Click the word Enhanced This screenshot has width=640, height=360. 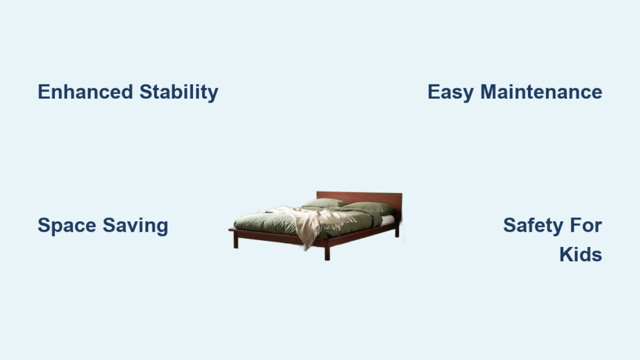click(85, 92)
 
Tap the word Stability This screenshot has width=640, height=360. click(179, 92)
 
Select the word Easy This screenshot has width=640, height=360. click(451, 92)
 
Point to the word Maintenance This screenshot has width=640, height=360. click(541, 92)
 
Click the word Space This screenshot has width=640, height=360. click(66, 226)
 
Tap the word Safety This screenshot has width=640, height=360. click(527, 226)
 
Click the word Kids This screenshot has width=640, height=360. click(581, 255)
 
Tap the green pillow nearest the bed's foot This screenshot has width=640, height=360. click(325, 203)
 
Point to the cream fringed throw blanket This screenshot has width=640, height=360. click(314, 222)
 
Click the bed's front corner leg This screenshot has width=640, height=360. click(327, 253)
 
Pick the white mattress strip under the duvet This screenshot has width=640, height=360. click(387, 220)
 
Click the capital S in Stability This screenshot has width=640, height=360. click(146, 92)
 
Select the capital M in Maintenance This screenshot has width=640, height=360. click(489, 92)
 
